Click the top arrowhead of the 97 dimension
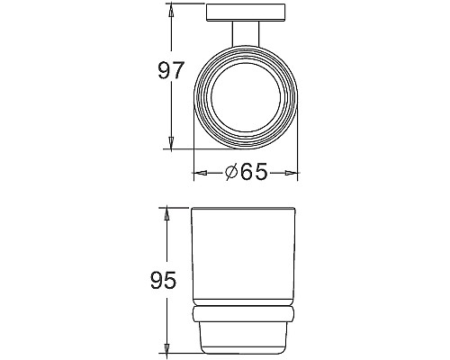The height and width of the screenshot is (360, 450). [x=170, y=14]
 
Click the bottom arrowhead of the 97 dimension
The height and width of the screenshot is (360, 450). [x=170, y=145]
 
